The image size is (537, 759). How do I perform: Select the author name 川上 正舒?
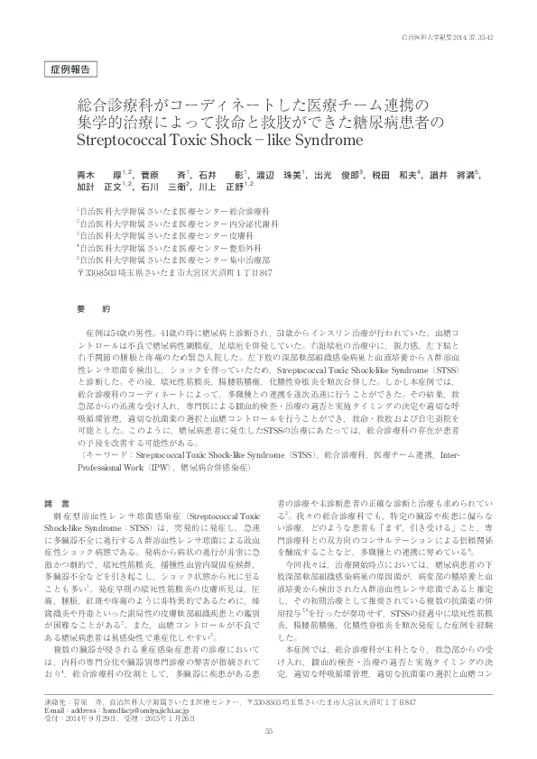click(x=222, y=187)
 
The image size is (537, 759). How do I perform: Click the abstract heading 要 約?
click(x=93, y=307)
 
